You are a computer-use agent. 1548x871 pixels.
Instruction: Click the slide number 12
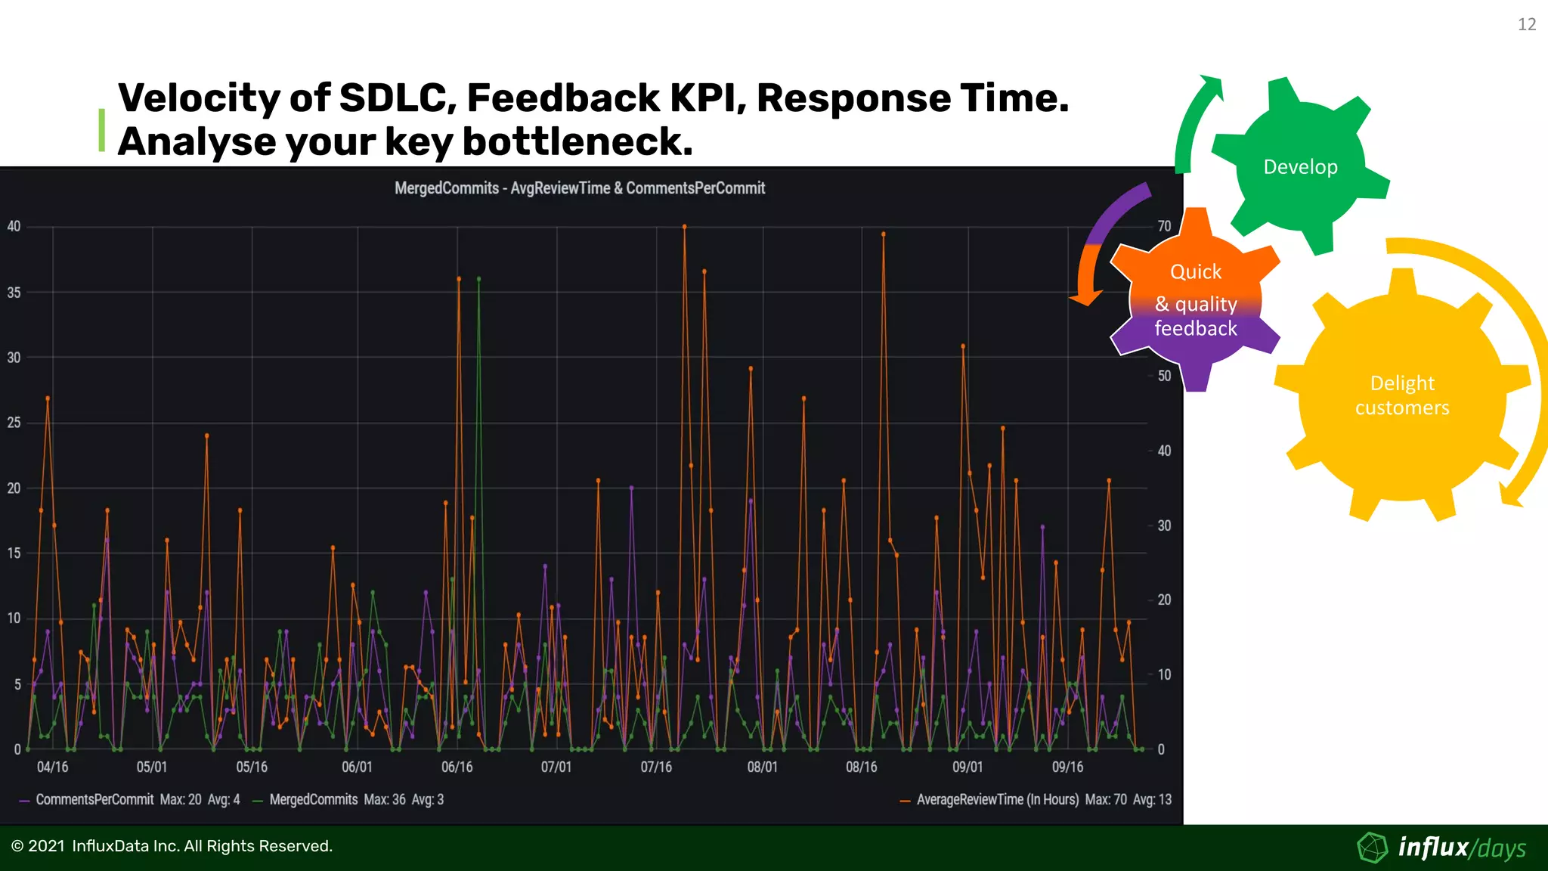(x=1526, y=25)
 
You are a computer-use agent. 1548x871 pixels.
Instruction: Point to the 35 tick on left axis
(x=14, y=293)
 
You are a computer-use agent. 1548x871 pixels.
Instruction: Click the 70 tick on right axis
(x=1164, y=226)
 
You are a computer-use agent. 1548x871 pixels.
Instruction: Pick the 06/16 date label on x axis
(x=457, y=767)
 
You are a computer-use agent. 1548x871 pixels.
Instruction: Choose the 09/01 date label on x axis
(x=967, y=767)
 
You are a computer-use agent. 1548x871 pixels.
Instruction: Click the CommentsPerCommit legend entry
(x=94, y=800)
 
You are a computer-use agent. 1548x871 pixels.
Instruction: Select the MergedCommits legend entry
(x=313, y=800)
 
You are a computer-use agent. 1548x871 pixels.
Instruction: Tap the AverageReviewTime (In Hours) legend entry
(x=997, y=800)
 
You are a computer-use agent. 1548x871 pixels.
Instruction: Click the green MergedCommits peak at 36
(x=478, y=279)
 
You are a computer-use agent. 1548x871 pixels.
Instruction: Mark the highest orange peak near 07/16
(x=684, y=227)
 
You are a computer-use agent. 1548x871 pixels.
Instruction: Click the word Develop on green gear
(x=1300, y=167)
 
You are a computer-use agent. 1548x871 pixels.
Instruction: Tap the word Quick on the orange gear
(x=1195, y=272)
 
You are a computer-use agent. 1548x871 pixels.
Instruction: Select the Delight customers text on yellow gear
(x=1402, y=395)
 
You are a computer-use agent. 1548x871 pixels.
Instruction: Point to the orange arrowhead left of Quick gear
(x=1086, y=298)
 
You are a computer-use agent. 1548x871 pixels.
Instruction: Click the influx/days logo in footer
(x=1444, y=848)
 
